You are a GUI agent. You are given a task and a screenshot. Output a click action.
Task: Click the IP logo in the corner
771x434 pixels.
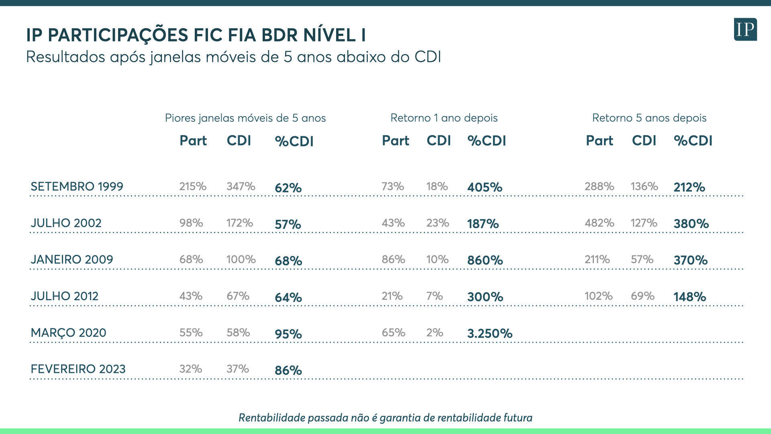pyautogui.click(x=745, y=29)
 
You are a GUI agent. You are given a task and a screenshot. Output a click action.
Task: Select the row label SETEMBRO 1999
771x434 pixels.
pyautogui.click(x=77, y=186)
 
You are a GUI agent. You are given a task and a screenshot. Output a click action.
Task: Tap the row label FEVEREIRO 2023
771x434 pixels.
pyautogui.click(x=78, y=369)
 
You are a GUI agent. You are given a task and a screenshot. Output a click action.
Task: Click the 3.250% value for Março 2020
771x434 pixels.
pyautogui.click(x=490, y=334)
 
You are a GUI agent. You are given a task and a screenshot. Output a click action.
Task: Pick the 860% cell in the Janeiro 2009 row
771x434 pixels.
pyautogui.click(x=485, y=260)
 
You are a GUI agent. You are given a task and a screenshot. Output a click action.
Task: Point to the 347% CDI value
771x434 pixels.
pyautogui.click(x=241, y=186)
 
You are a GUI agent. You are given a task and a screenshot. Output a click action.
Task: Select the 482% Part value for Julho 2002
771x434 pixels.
pyautogui.click(x=600, y=223)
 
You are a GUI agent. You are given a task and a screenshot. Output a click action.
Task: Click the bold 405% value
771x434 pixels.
pyautogui.click(x=485, y=187)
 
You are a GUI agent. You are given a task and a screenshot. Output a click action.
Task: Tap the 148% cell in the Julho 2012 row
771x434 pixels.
pyautogui.click(x=690, y=297)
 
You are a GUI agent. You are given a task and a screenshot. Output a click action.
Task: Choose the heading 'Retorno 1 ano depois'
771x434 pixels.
pyautogui.click(x=444, y=118)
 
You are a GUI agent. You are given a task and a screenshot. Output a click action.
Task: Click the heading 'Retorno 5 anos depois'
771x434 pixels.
pyautogui.click(x=649, y=118)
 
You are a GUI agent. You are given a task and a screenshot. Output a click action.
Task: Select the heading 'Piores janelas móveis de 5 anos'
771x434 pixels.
pyautogui.click(x=245, y=118)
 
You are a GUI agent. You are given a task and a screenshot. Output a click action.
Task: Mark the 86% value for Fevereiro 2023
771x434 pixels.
pyautogui.click(x=288, y=371)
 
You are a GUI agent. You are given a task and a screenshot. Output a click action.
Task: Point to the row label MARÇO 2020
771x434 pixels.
pyautogui.click(x=69, y=333)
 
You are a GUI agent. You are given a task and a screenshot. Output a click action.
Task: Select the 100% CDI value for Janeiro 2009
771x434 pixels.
pyautogui.click(x=241, y=260)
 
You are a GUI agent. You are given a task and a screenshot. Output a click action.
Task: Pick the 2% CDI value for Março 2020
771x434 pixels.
pyautogui.click(x=435, y=333)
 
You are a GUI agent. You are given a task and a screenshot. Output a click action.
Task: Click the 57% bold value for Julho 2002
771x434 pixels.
pyautogui.click(x=288, y=224)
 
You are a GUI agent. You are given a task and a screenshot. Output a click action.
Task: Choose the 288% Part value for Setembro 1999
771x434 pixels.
pyautogui.click(x=600, y=186)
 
